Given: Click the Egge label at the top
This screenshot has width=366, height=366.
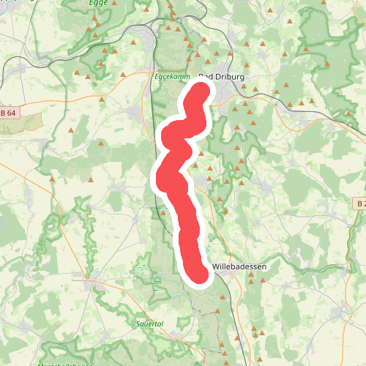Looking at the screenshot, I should [97, 4].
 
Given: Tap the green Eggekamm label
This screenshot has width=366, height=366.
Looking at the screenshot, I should [173, 75].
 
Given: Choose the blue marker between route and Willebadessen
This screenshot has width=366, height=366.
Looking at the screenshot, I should [208, 250].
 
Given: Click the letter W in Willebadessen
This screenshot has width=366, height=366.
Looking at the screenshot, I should [214, 268].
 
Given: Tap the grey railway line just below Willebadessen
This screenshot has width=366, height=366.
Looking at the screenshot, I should [227, 282].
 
